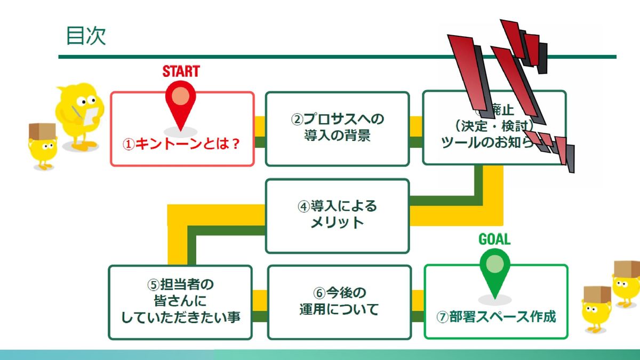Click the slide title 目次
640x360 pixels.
pos(86,36)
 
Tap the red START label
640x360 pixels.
pos(181,71)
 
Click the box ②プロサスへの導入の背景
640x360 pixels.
pos(337,128)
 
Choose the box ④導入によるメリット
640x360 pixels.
pos(337,214)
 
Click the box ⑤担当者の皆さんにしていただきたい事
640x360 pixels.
pos(180,302)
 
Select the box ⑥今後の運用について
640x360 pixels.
pos(339,301)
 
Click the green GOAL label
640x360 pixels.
pos(494,239)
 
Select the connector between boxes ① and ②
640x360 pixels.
pos(260,133)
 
